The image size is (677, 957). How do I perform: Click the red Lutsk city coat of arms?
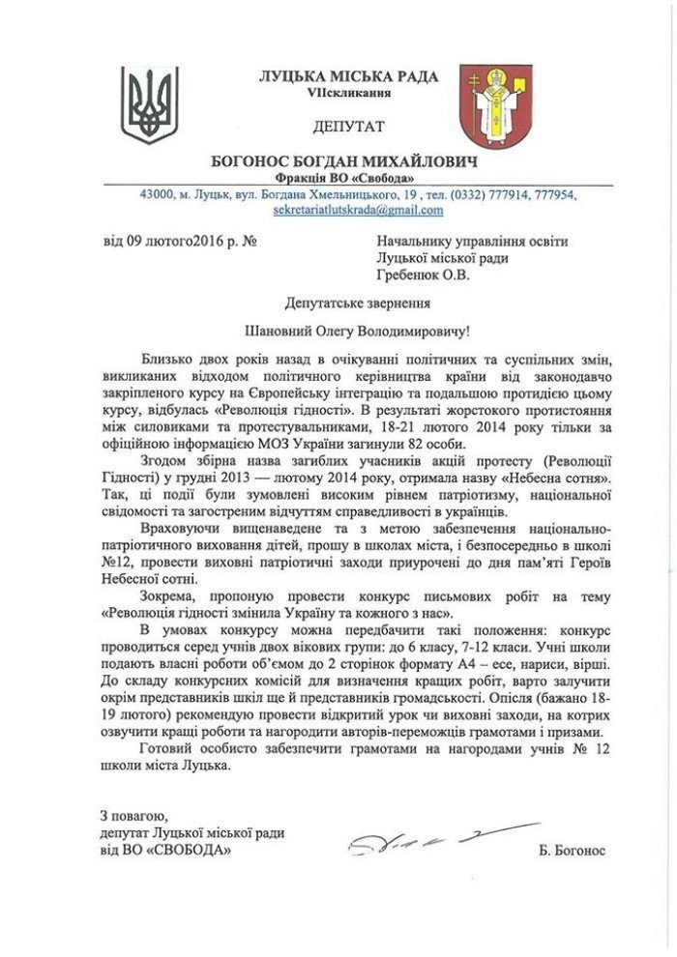coord(494,105)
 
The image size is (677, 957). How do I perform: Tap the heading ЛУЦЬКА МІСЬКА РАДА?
coord(348,76)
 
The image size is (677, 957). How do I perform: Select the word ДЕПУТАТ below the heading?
coord(348,127)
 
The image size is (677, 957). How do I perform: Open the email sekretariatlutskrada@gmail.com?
coord(358,210)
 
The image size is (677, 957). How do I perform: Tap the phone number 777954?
coord(553,194)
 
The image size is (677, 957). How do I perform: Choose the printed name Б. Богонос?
coord(574,851)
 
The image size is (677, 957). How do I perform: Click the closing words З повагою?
coord(134,816)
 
